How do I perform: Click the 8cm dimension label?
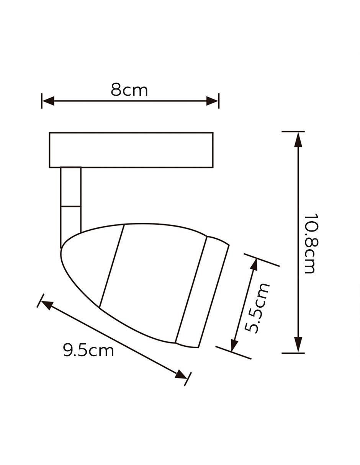[x=129, y=90]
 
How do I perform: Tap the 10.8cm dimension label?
[x=309, y=243]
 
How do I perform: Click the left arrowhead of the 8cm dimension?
[x=48, y=101]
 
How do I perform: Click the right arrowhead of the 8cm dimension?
[x=212, y=101]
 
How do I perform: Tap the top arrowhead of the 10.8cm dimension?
[x=298, y=139]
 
